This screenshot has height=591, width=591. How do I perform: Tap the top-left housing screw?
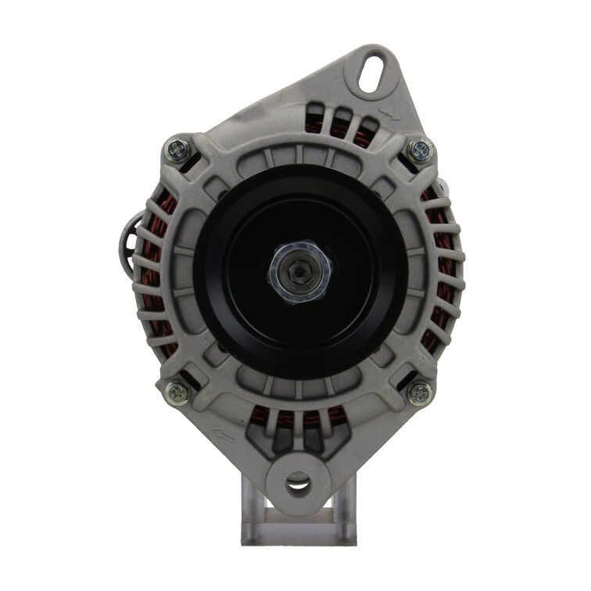174,147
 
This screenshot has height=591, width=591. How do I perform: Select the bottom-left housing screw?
175,391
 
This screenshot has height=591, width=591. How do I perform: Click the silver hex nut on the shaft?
301,273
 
